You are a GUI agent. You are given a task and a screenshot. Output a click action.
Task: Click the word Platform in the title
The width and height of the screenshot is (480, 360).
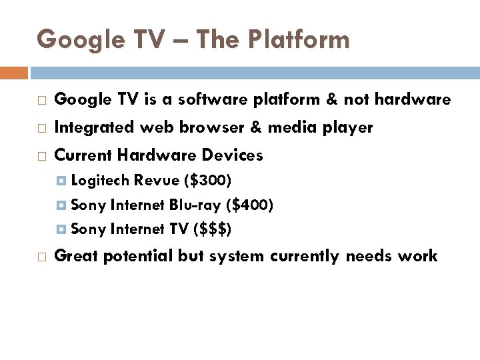click(300, 40)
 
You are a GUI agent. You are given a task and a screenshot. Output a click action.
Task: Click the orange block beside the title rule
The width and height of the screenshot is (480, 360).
click(14, 72)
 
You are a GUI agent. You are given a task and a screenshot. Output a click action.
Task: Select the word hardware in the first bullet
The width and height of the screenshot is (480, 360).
click(413, 100)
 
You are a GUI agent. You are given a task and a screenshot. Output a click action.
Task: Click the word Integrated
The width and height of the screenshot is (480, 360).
click(93, 127)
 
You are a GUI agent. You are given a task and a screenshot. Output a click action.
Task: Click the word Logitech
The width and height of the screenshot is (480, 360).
click(100, 180)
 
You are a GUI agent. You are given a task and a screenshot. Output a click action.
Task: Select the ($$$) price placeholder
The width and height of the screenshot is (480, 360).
click(212, 229)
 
